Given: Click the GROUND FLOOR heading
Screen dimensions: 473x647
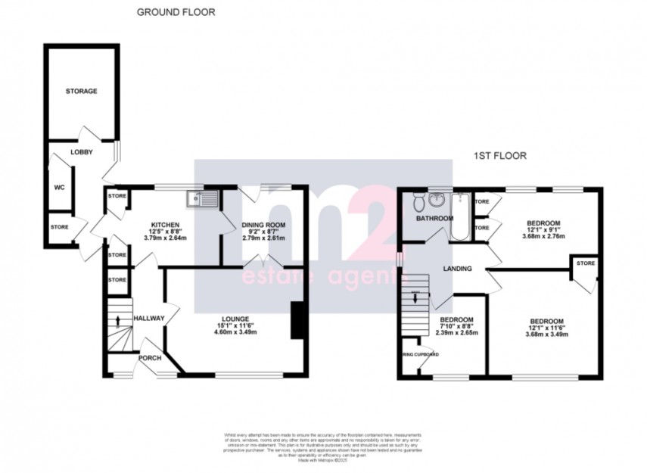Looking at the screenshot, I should coord(176,12).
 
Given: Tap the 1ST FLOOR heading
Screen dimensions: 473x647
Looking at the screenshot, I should coord(499,156).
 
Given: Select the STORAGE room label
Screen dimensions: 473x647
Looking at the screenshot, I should coord(82,92).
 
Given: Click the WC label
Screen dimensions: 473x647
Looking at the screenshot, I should coord(58,188).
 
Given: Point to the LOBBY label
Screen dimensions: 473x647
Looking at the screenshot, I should coord(82,152).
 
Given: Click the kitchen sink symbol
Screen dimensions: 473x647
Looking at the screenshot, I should coord(204,199).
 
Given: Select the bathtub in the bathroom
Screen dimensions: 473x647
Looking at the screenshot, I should coord(459,216).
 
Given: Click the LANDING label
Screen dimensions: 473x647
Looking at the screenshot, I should coord(459,269).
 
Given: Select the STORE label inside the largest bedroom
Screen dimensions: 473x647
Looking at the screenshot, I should coord(586,263).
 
